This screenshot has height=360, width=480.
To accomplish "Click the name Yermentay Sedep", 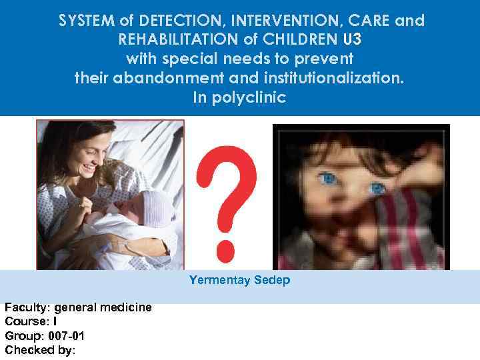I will click(239, 280).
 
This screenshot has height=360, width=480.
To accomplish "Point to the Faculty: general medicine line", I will click(78, 307).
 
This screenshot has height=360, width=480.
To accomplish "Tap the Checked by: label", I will click(40, 349).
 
